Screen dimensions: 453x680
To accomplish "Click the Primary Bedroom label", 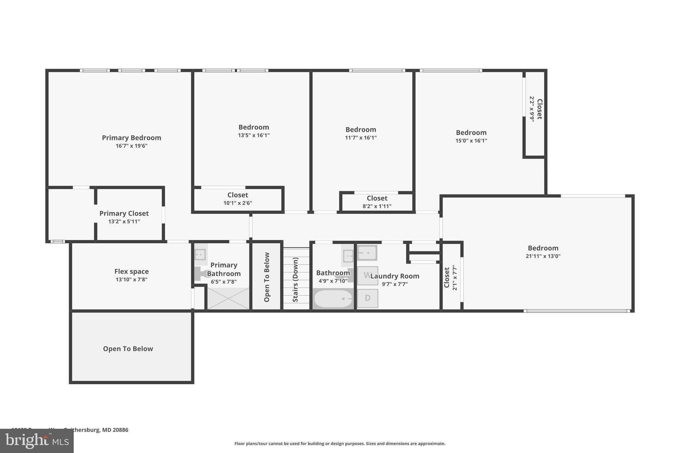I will tap(131, 138).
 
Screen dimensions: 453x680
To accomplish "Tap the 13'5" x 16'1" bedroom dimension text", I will tap(254, 135).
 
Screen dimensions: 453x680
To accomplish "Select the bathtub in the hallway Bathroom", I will tap(333, 299).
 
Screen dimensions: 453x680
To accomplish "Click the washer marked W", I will tap(367, 275).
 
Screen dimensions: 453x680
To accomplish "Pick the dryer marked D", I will tap(368, 298).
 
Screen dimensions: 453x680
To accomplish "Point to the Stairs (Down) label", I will tap(296, 279).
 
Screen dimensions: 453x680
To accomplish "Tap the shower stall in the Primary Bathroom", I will tap(228, 298).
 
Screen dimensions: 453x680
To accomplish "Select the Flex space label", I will tap(131, 271).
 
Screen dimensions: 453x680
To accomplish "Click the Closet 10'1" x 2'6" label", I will tap(238, 195).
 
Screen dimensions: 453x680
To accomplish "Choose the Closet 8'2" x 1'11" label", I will tap(377, 198).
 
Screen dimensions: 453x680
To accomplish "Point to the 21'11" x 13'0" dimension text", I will tap(543, 256).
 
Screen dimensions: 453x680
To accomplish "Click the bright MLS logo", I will tap(37, 441).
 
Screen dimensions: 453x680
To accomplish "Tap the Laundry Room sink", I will tap(367, 253).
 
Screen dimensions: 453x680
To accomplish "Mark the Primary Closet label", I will tap(124, 213).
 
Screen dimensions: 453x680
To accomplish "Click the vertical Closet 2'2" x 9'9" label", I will tap(540, 109).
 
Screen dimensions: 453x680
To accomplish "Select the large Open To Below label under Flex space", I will tap(128, 349).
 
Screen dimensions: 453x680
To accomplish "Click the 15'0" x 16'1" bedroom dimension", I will tap(471, 141).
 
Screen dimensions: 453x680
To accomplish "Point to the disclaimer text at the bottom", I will tap(340, 443).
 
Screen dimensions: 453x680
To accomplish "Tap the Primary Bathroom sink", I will tap(200, 255).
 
